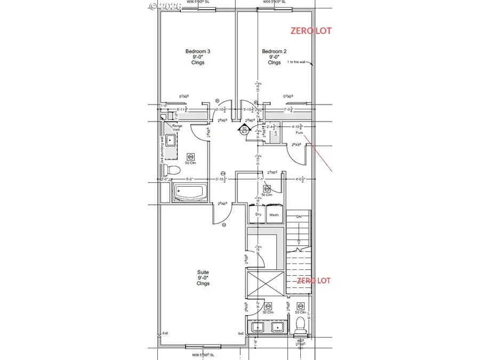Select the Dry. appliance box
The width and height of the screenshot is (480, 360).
(x=258, y=215)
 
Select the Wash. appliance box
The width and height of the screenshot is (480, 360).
(x=274, y=215)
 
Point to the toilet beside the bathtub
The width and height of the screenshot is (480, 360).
(x=172, y=170)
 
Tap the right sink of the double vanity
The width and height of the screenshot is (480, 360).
(x=278, y=327)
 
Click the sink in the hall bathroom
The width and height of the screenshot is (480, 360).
(x=170, y=141)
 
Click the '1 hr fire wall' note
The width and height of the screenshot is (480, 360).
(x=296, y=62)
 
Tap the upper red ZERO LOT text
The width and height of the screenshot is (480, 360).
(x=310, y=31)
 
